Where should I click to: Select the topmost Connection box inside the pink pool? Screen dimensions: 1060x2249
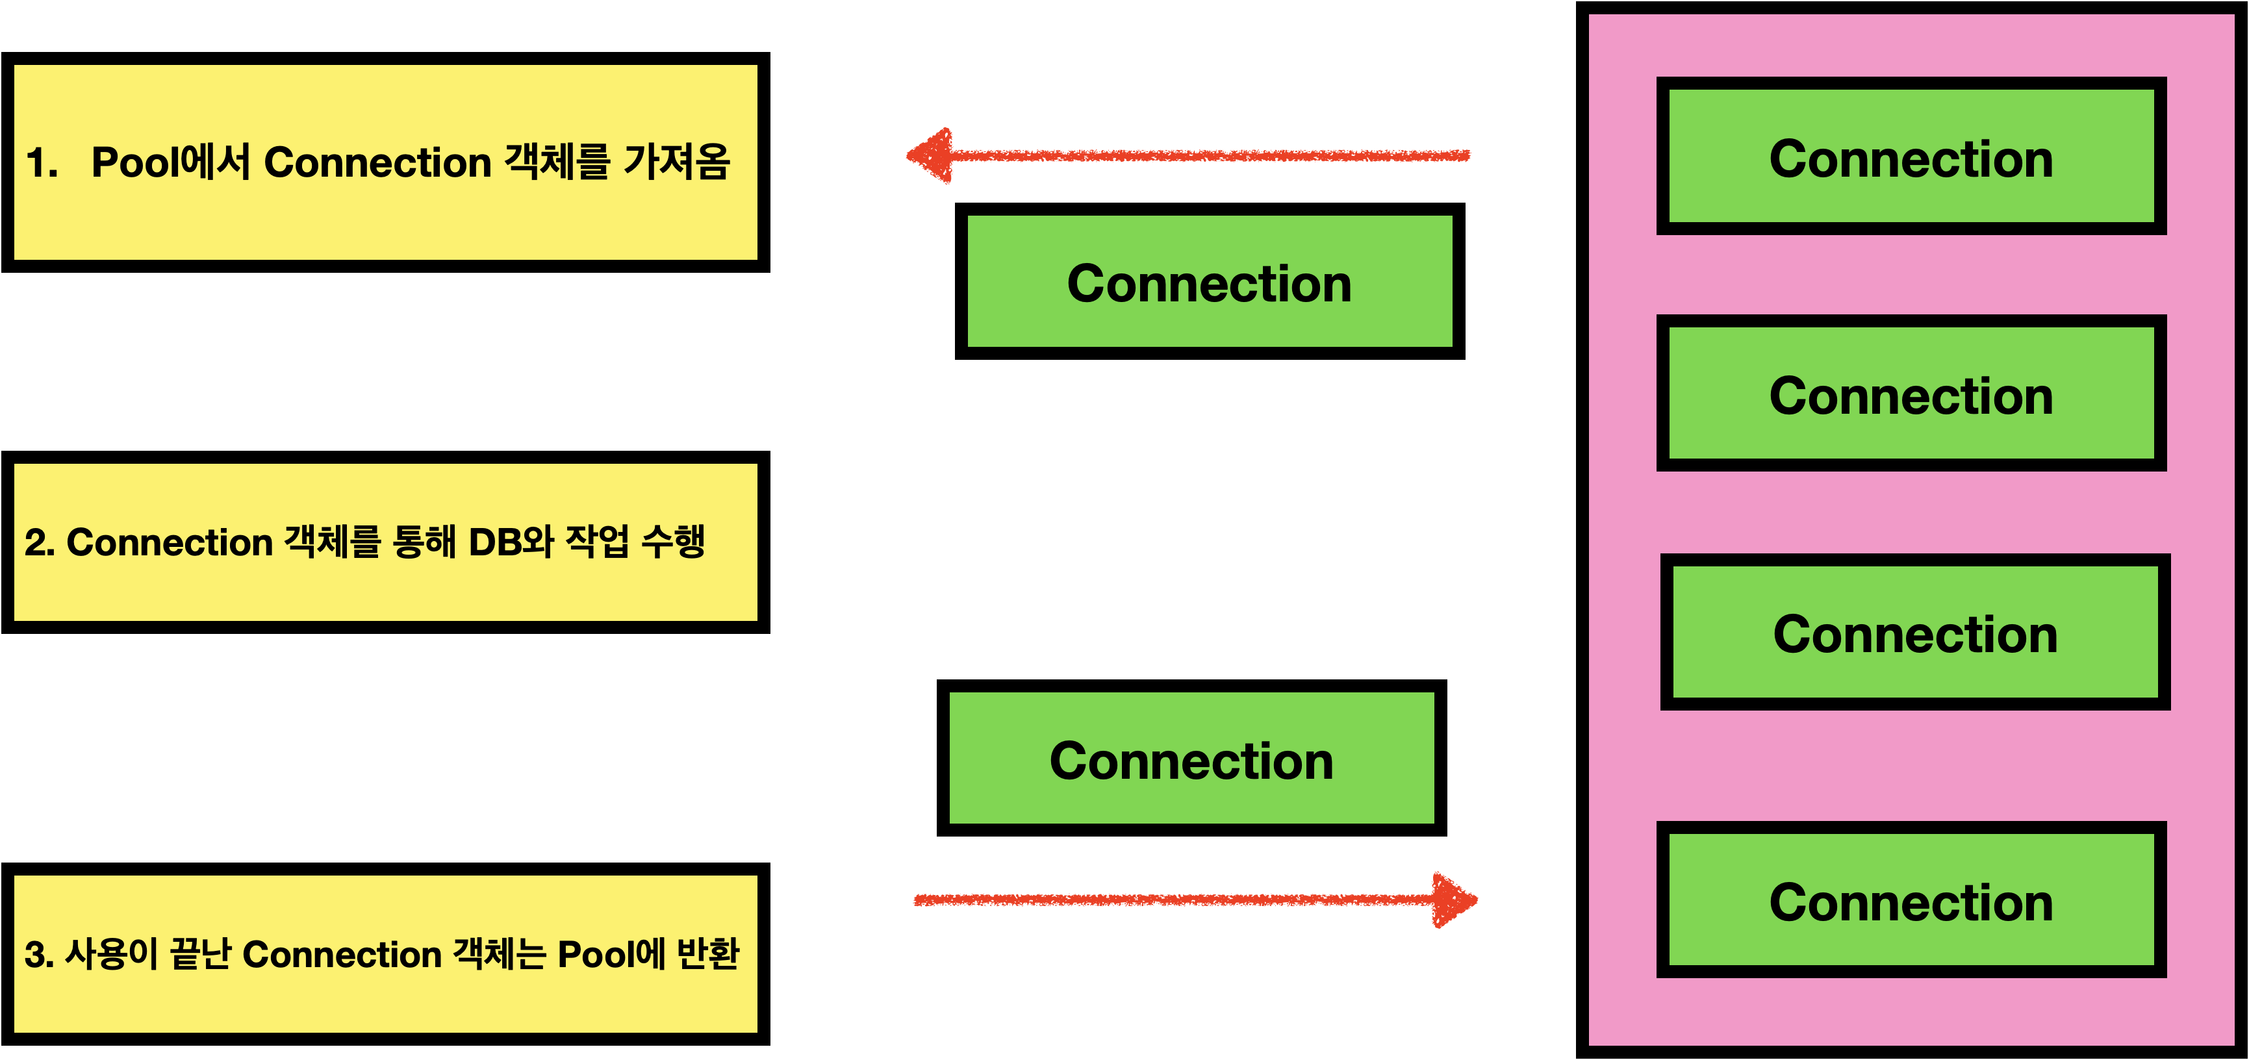1911,157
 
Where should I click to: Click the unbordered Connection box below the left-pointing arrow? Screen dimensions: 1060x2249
1209,281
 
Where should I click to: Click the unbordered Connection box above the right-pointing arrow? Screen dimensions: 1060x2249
1191,758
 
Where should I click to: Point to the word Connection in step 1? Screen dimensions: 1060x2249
377,162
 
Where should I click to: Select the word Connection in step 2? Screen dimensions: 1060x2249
170,542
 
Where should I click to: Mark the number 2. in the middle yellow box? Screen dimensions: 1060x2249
39,542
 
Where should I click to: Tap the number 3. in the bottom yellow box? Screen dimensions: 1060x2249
39,954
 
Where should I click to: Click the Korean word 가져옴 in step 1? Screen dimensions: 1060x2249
677,162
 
